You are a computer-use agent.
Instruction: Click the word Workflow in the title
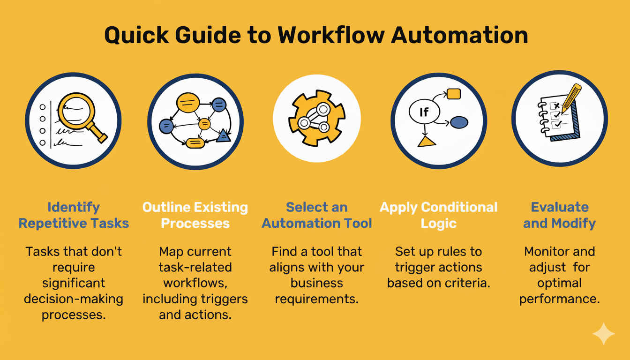331,36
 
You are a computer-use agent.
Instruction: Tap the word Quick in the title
136,36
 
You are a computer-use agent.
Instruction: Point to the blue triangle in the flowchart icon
224,135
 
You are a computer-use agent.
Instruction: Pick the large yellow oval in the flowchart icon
188,103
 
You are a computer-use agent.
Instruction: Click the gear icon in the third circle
317,118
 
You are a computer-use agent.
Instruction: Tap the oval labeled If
424,112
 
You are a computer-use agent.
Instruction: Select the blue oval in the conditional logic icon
459,122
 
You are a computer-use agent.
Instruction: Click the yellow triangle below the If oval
427,142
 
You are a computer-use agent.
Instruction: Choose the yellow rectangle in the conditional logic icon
454,94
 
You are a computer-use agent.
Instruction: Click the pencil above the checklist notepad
571,98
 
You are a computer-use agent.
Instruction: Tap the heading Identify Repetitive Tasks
74,215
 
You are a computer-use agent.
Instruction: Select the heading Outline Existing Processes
195,215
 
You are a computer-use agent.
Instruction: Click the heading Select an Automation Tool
317,215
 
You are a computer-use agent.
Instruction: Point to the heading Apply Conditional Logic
438,216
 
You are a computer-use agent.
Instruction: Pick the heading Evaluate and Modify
559,216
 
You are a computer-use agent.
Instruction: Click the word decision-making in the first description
74,299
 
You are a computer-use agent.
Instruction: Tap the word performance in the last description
559,299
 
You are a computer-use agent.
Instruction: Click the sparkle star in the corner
604,334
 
